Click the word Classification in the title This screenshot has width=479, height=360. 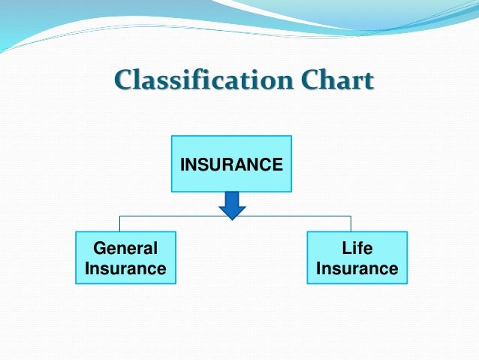[x=194, y=80]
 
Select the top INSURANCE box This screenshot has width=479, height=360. [x=231, y=163]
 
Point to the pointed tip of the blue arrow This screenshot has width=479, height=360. [x=231, y=219]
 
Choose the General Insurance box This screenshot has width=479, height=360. [x=126, y=258]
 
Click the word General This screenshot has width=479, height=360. [x=126, y=248]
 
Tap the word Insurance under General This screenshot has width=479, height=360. [x=126, y=268]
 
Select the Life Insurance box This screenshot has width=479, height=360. [x=357, y=258]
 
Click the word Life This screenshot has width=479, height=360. [x=357, y=248]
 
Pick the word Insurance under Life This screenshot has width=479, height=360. [x=357, y=268]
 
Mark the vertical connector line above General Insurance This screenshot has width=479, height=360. [x=120, y=223]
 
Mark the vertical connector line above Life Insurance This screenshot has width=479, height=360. [x=351, y=223]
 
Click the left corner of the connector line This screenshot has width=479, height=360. [x=120, y=216]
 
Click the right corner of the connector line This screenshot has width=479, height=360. [x=351, y=216]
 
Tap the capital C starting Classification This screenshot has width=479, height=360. [x=122, y=80]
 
